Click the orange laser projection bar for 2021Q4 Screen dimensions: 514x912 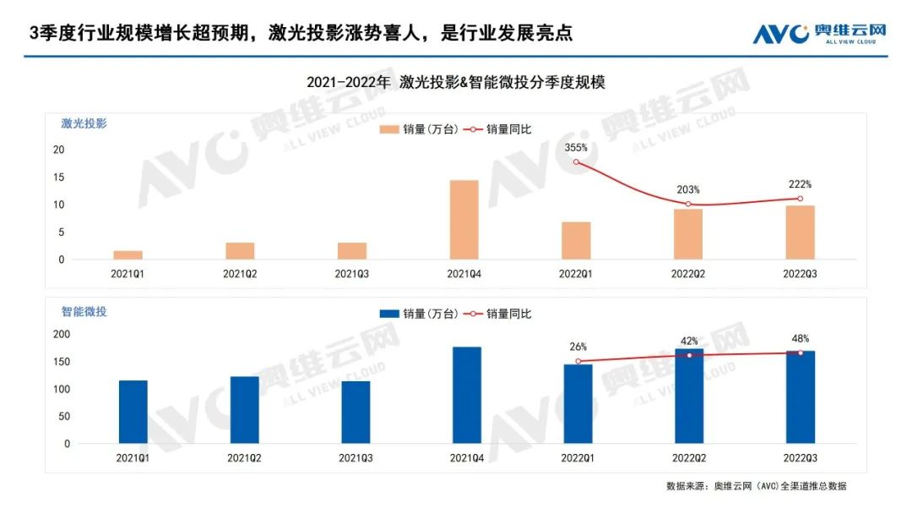click(464, 220)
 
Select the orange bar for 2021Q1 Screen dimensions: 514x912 click(128, 254)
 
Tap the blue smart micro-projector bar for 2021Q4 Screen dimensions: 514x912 click(467, 395)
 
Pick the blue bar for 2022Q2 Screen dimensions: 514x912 click(689, 396)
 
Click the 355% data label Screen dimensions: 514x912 click(576, 147)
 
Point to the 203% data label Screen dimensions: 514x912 click(688, 189)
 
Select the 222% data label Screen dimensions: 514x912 click(800, 184)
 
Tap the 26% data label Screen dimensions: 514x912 click(578, 347)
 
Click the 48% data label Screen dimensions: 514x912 click(801, 338)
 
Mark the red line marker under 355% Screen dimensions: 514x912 click(576, 161)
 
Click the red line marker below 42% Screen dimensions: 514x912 click(689, 355)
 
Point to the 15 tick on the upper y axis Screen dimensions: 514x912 click(58, 177)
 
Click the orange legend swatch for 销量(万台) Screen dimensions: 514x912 click(389, 129)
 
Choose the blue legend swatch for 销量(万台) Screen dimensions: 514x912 click(389, 314)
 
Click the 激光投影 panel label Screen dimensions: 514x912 click(84, 123)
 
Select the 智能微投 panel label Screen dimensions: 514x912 click(84, 311)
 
